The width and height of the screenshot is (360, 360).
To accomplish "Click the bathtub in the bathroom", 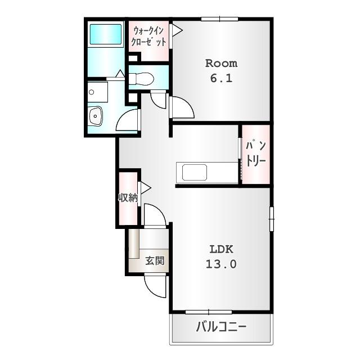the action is pyautogui.click(x=105, y=34).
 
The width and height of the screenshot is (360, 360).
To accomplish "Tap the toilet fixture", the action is pyautogui.click(x=141, y=79).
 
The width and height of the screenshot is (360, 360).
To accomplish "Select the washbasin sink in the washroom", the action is pyautogui.click(x=96, y=116).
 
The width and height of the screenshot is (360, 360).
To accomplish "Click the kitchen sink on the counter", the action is pyautogui.click(x=195, y=172).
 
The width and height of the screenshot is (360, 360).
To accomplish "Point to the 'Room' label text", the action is pyautogui.click(x=221, y=64).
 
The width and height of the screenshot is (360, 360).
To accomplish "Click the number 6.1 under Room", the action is pyautogui.click(x=221, y=78).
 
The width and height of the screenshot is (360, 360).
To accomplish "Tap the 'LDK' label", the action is pyautogui.click(x=221, y=249).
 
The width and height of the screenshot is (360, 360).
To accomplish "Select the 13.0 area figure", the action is pyautogui.click(x=221, y=264).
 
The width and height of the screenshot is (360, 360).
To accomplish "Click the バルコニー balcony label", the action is pyautogui.click(x=221, y=327).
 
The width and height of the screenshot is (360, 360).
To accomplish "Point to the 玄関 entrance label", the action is pyautogui.click(x=155, y=261).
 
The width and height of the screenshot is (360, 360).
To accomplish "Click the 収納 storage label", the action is pyautogui.click(x=128, y=197).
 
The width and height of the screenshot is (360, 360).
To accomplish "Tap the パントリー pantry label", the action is pyautogui.click(x=256, y=154).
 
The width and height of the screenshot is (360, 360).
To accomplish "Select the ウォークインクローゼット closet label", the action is pyautogui.click(x=148, y=37).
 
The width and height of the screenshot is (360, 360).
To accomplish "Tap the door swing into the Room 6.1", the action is pyautogui.click(x=186, y=103).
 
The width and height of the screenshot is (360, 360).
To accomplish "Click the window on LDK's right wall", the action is pyautogui.click(x=272, y=219).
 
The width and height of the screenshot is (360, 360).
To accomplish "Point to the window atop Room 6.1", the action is pyautogui.click(x=220, y=19).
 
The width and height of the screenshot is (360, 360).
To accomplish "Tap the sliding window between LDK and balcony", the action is pyautogui.click(x=209, y=312).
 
